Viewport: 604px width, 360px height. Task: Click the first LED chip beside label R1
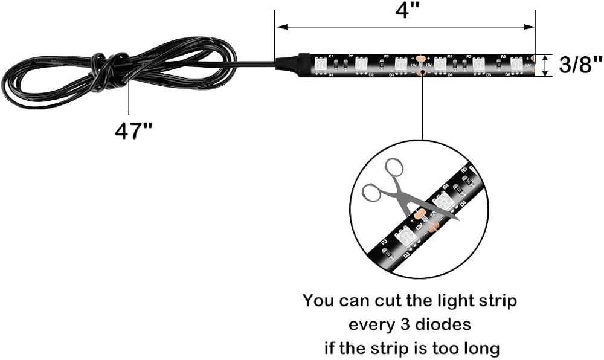pos(321,63)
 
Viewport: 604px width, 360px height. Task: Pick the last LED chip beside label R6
pos(517,63)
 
